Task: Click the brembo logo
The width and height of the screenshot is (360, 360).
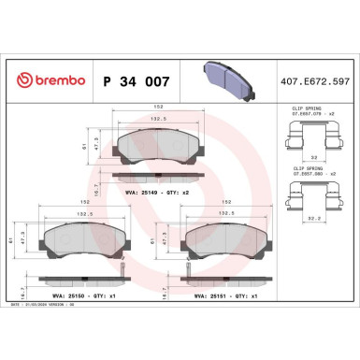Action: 47,82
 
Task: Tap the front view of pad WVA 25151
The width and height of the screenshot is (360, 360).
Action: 223,246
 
